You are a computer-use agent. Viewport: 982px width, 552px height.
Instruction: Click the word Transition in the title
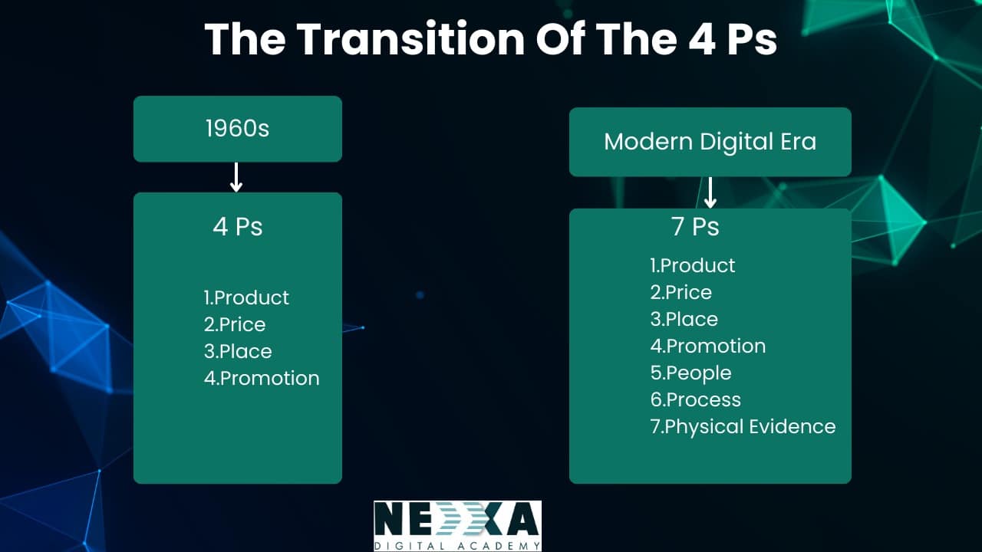point(410,38)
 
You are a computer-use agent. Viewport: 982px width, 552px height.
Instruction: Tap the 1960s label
point(238,128)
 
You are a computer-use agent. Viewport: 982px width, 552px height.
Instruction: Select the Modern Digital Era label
point(710,142)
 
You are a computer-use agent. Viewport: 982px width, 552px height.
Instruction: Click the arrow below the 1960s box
point(236,177)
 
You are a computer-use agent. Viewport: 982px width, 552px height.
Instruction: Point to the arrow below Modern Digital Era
point(710,192)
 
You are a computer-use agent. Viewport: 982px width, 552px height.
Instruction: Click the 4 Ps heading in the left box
point(238,226)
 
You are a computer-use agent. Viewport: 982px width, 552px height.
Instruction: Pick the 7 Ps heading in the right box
point(695,226)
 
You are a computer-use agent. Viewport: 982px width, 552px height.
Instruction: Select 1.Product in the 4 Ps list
point(246,298)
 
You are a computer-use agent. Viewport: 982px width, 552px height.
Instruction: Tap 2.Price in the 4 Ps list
point(235,324)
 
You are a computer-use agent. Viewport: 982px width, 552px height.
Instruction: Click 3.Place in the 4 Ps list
point(238,351)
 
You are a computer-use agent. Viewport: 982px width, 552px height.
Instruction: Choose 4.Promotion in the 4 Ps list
point(262,379)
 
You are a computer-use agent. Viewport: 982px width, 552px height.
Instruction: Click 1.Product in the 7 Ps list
point(693,265)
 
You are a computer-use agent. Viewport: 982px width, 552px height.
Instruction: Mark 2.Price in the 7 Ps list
point(681,292)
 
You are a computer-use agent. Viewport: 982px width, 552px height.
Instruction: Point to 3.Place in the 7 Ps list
point(684,319)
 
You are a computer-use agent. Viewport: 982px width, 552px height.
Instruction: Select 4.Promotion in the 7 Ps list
point(708,346)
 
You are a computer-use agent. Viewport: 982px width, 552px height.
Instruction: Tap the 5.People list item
point(691,373)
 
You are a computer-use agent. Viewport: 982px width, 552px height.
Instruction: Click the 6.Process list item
point(696,399)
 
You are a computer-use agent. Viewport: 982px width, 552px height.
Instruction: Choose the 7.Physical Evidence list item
point(743,427)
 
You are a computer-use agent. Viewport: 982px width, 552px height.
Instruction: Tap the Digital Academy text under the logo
point(458,546)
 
